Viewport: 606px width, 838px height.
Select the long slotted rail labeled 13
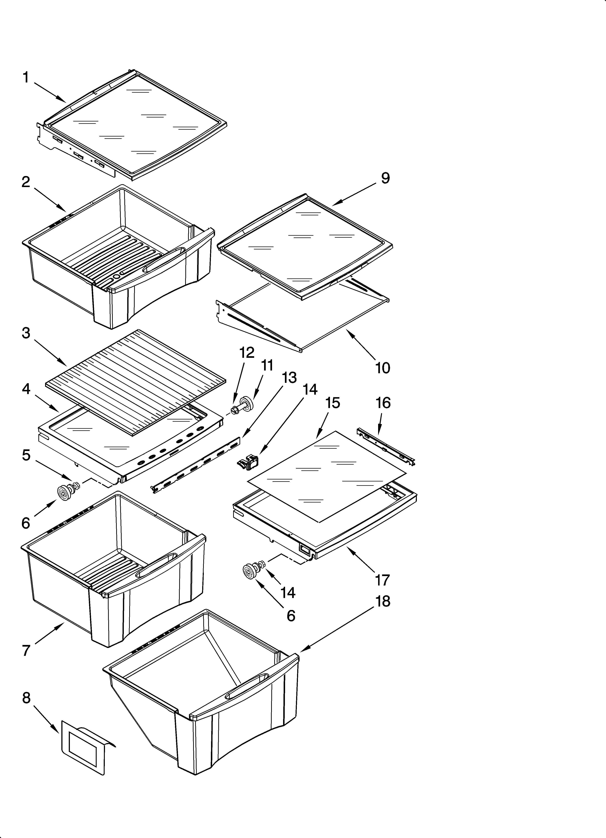click(x=196, y=465)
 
